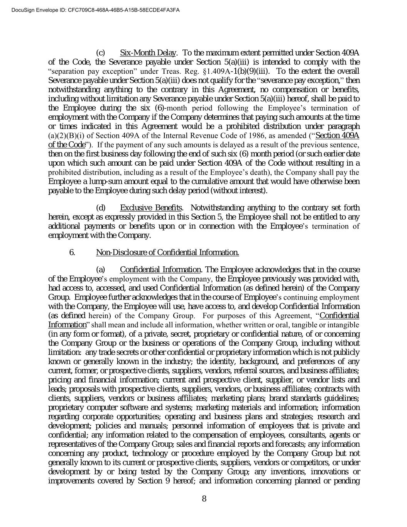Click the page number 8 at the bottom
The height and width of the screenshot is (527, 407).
204,499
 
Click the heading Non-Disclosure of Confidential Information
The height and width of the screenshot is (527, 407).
167,252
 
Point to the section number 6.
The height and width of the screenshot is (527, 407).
72,252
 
